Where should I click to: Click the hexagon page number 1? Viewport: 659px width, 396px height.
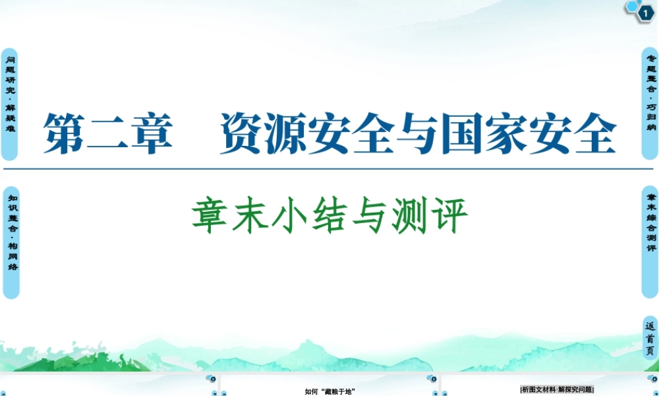(x=645, y=12)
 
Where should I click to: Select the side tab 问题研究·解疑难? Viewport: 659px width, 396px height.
(x=9, y=104)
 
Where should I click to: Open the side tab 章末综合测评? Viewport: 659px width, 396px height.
(x=650, y=242)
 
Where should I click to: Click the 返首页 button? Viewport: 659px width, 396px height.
(x=650, y=339)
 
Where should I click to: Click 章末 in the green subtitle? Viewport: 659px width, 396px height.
(x=230, y=216)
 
